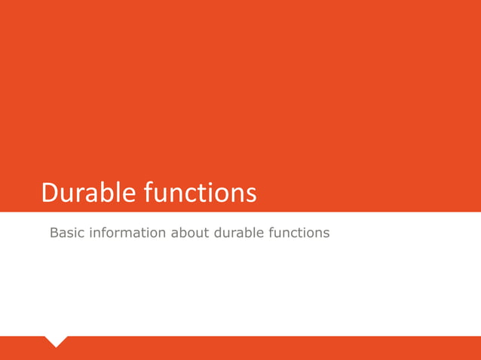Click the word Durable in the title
point(87,194)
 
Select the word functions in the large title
point(199,194)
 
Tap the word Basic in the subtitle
point(67,233)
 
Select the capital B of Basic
point(54,233)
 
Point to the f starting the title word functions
point(147,193)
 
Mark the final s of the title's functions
point(251,195)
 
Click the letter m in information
point(132,233)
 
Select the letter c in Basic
point(81,233)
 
